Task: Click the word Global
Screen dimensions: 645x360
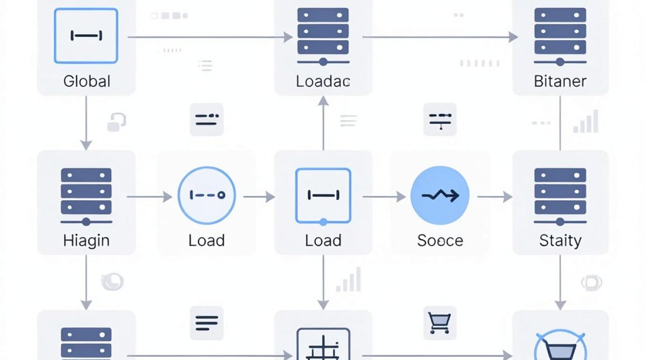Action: (87, 82)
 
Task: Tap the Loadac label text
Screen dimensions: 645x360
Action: (323, 82)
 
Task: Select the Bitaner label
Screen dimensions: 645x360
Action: (560, 82)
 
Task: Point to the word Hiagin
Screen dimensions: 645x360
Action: (86, 241)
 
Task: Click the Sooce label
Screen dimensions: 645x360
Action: (440, 241)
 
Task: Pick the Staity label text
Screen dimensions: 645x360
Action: (561, 241)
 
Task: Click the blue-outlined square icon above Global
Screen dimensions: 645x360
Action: (86, 36)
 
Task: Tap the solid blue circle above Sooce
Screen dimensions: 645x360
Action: (440, 195)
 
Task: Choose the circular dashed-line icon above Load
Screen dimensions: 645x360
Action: (207, 195)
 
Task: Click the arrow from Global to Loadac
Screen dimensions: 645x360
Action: (210, 37)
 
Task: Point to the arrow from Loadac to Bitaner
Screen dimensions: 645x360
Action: (440, 37)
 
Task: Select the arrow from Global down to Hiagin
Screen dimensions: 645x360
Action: (86, 123)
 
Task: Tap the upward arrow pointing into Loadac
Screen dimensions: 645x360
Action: (323, 123)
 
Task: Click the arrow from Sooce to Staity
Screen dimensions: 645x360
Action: (495, 197)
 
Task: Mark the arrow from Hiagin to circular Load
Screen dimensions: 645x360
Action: (149, 197)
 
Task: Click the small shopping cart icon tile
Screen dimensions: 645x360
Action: (440, 323)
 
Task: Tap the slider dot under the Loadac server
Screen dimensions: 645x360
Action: (323, 62)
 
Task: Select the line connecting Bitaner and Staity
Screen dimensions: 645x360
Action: (560, 123)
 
